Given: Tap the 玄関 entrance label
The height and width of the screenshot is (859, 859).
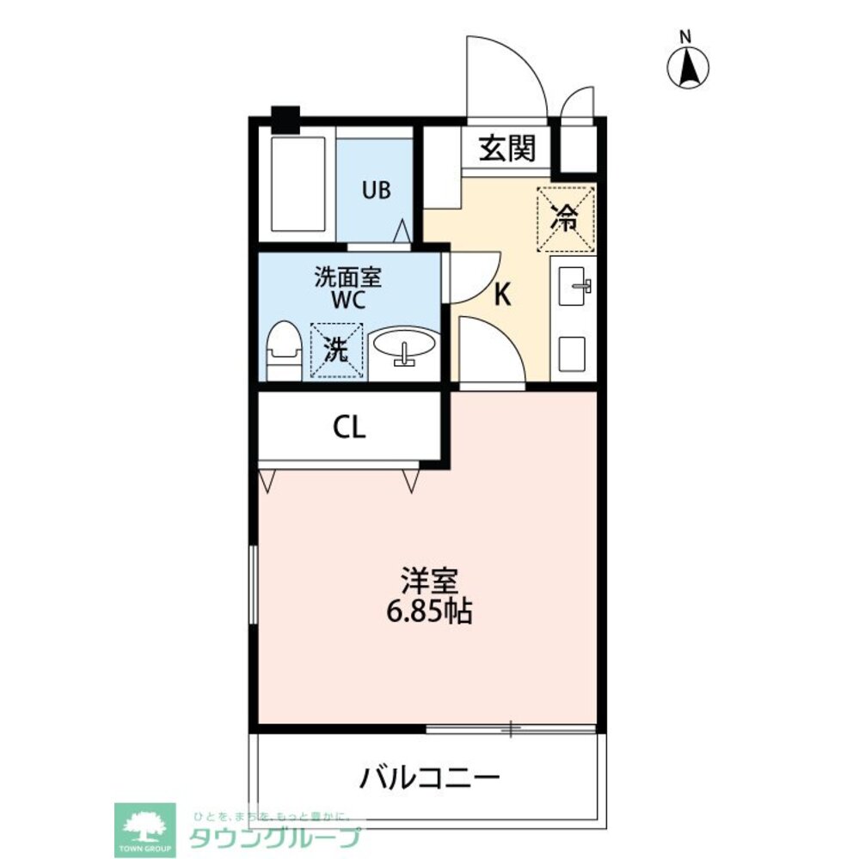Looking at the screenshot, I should pyautogui.click(x=507, y=149).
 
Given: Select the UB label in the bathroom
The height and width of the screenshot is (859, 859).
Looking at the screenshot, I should pyautogui.click(x=375, y=191).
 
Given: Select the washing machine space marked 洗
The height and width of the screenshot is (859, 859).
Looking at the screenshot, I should pyautogui.click(x=336, y=349).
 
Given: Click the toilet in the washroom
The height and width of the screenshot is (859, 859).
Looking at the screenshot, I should pyautogui.click(x=282, y=350).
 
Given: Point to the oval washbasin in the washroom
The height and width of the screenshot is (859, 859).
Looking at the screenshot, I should pyautogui.click(x=404, y=346).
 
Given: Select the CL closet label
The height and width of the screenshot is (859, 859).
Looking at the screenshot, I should pyautogui.click(x=350, y=426).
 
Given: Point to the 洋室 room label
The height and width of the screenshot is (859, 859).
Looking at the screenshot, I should pyautogui.click(x=428, y=582).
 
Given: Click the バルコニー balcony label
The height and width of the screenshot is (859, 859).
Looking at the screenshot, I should pyautogui.click(x=429, y=779).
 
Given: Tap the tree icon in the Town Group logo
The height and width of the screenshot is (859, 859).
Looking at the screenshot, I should pyautogui.click(x=144, y=825).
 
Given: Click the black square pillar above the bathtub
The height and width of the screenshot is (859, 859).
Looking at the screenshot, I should pyautogui.click(x=285, y=119).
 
